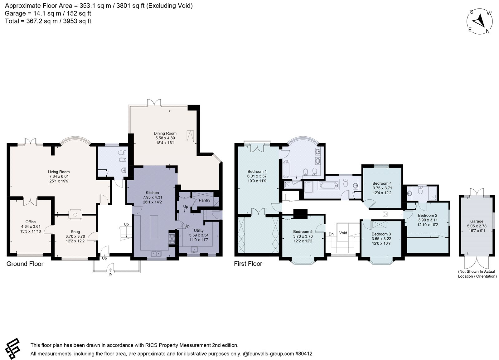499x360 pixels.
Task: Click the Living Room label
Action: click(59, 172)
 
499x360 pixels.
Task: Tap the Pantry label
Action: click(204, 200)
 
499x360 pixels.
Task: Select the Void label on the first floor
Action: click(343, 233)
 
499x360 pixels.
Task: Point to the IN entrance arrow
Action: click(110, 270)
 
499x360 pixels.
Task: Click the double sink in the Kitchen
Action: click(156, 254)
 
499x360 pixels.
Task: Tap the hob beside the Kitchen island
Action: click(172, 239)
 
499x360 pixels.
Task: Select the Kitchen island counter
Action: click(154, 227)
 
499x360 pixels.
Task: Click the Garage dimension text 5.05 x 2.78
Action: click(477, 226)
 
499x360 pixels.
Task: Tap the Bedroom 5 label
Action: click(303, 232)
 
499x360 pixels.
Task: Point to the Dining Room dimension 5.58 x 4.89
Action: click(165, 138)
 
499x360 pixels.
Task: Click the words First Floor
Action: click(248, 264)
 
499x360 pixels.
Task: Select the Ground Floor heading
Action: click(25, 264)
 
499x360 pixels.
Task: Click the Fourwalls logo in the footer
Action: click(13, 349)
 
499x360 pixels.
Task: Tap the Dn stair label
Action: click(331, 234)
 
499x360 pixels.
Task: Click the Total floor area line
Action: click(48, 21)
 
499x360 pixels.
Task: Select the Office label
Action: click(31, 222)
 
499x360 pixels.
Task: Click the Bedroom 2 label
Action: click(428, 216)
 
